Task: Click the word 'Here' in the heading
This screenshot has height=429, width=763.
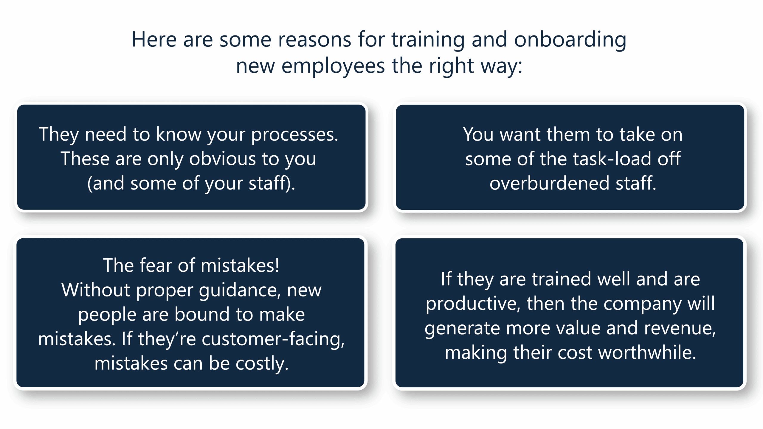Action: [154, 40]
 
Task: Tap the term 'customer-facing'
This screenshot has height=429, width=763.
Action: [273, 340]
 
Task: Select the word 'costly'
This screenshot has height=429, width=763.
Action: [262, 364]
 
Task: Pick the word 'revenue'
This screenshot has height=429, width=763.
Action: [680, 329]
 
